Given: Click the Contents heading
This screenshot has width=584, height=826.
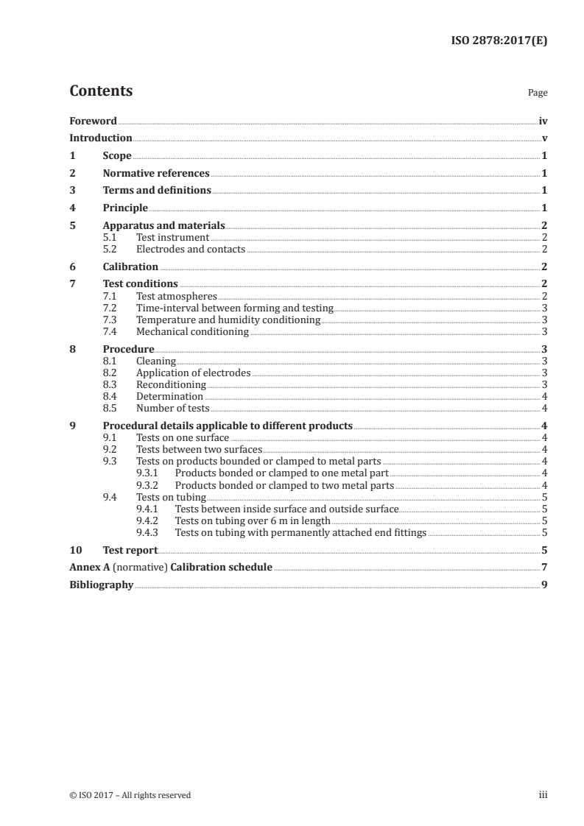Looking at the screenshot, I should [101, 91].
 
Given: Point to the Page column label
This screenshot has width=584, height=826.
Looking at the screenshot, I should [537, 93].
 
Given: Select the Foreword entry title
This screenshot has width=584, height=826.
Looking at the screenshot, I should [93, 121].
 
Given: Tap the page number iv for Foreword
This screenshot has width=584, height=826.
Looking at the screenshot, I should [543, 121].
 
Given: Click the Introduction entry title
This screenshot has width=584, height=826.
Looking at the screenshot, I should [100, 138].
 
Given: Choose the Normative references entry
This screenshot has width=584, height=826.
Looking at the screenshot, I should [156, 174].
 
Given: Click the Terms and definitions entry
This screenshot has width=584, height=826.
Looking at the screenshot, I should [157, 191].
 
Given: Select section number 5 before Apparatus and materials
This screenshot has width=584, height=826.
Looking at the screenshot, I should [72, 226].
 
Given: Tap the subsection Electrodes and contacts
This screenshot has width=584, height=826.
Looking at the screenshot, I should [191, 250].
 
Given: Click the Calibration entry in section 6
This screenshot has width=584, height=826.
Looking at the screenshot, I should [130, 266].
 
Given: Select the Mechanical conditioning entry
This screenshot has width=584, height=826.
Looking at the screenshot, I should [192, 331].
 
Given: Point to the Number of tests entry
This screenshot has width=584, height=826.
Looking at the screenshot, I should [173, 408].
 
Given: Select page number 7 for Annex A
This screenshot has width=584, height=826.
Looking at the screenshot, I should [543, 568].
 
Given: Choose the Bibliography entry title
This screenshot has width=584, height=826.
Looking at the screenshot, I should [101, 585].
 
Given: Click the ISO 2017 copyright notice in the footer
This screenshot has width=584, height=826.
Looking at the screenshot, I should [130, 795].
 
